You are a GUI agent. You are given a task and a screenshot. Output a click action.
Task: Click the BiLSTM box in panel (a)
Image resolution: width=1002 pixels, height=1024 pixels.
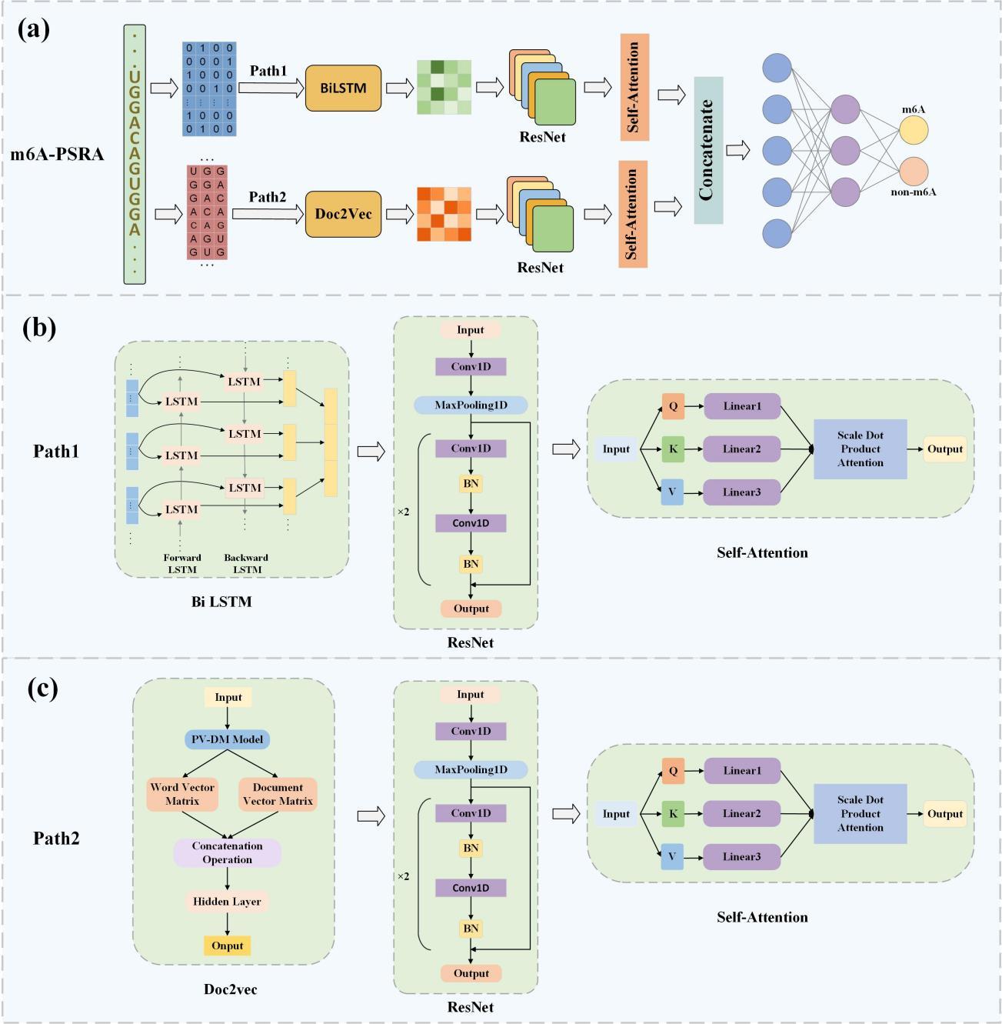[343, 88]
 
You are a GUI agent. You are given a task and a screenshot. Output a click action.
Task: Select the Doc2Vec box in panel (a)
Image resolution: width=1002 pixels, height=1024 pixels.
[343, 214]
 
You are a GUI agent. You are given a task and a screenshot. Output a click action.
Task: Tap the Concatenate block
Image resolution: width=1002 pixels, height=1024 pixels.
[708, 150]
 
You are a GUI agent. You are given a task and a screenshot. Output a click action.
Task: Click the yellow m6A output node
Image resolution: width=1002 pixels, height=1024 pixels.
[914, 130]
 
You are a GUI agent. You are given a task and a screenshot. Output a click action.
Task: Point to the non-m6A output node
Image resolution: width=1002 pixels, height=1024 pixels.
[914, 171]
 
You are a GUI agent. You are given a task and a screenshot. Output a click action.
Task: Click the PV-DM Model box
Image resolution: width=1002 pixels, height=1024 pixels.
[228, 739]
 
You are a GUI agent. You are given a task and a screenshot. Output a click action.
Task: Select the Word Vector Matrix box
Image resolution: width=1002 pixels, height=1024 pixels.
[182, 794]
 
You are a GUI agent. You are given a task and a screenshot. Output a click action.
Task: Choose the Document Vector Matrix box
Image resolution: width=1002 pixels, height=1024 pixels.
[278, 794]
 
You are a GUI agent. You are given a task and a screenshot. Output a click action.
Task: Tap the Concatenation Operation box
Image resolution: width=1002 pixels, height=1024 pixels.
[227, 852]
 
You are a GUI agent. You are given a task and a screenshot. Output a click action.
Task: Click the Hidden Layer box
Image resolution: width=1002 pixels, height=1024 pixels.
[227, 902]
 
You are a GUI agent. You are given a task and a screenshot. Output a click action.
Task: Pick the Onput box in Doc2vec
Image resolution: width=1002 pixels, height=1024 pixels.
[227, 946]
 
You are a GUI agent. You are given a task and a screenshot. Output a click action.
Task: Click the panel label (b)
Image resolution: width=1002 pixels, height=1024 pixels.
[39, 328]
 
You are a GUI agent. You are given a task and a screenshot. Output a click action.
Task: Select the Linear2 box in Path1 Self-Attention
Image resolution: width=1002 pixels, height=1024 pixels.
[742, 449]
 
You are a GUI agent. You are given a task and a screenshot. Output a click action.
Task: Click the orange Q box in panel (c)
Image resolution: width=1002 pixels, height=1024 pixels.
[673, 771]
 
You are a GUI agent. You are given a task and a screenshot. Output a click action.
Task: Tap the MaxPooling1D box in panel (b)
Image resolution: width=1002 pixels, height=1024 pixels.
[471, 405]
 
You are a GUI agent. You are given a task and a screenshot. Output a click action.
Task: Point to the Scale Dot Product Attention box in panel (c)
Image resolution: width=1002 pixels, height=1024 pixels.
[860, 814]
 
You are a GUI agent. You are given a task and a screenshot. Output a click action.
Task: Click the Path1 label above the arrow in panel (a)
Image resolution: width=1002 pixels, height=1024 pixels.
[268, 71]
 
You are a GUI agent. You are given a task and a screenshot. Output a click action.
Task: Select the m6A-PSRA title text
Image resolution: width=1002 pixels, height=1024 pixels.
[57, 154]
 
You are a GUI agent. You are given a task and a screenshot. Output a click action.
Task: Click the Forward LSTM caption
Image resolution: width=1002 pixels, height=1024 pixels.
[182, 563]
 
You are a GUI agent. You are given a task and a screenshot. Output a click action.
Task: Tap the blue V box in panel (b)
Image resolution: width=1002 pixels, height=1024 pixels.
[672, 492]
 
